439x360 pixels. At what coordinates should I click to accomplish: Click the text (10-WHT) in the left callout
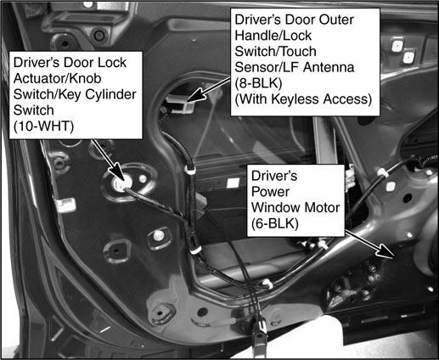click(43, 127)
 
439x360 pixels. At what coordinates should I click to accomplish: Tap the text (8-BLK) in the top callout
click(258, 83)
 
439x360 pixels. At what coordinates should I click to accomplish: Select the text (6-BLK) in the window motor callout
click(275, 223)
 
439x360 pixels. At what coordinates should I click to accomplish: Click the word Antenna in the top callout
click(329, 67)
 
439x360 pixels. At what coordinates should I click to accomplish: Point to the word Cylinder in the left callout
click(110, 94)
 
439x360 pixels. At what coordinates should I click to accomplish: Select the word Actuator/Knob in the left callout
click(57, 78)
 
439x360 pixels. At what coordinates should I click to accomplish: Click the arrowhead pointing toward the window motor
click(386, 251)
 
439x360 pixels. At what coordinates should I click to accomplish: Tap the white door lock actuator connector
click(122, 183)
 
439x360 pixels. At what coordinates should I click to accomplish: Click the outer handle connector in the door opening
click(179, 104)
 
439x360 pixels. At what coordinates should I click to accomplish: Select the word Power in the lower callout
click(270, 192)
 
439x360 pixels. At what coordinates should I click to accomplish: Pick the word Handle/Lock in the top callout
click(273, 36)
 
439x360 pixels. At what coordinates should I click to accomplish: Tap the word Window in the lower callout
click(276, 208)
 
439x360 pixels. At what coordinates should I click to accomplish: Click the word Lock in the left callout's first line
click(111, 63)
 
